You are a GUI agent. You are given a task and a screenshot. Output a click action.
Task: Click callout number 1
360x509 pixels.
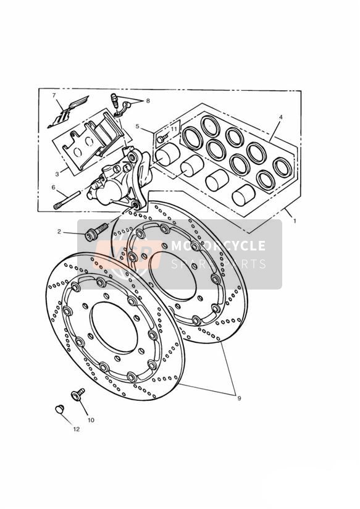tap(295, 221)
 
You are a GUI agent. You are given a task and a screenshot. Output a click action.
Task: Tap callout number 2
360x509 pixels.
tap(59, 232)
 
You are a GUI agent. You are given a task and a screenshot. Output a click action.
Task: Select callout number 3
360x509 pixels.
tap(57, 174)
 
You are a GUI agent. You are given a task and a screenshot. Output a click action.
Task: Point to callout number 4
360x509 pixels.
tap(281, 117)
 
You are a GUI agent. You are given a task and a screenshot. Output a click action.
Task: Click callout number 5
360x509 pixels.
tap(137, 126)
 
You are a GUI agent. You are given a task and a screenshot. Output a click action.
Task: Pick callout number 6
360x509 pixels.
tap(54, 187)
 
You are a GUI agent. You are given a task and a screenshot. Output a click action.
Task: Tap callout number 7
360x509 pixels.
tap(54, 95)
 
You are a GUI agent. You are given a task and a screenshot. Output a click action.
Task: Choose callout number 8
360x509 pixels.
tap(148, 101)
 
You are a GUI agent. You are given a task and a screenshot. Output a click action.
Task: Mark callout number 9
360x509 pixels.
tap(239, 398)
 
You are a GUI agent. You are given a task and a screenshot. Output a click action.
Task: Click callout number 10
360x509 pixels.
tap(91, 420)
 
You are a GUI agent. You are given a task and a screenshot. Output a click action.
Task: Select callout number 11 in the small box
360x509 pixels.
tap(174, 129)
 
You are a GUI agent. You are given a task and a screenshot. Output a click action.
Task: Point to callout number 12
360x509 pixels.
tap(77, 429)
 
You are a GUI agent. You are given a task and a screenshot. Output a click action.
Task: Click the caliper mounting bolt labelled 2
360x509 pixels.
tap(96, 232)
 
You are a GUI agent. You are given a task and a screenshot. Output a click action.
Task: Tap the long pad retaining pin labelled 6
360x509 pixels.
tap(67, 200)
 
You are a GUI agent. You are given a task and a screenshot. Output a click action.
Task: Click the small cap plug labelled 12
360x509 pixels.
tap(59, 409)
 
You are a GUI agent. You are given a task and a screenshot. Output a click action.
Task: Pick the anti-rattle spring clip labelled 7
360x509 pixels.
tap(67, 112)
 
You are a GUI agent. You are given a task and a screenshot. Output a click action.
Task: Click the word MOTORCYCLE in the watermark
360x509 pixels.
tap(218, 246)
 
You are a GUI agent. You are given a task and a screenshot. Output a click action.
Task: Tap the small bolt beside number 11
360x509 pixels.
tap(161, 138)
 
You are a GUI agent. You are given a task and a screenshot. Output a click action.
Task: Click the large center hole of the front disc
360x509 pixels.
tap(114, 327)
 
